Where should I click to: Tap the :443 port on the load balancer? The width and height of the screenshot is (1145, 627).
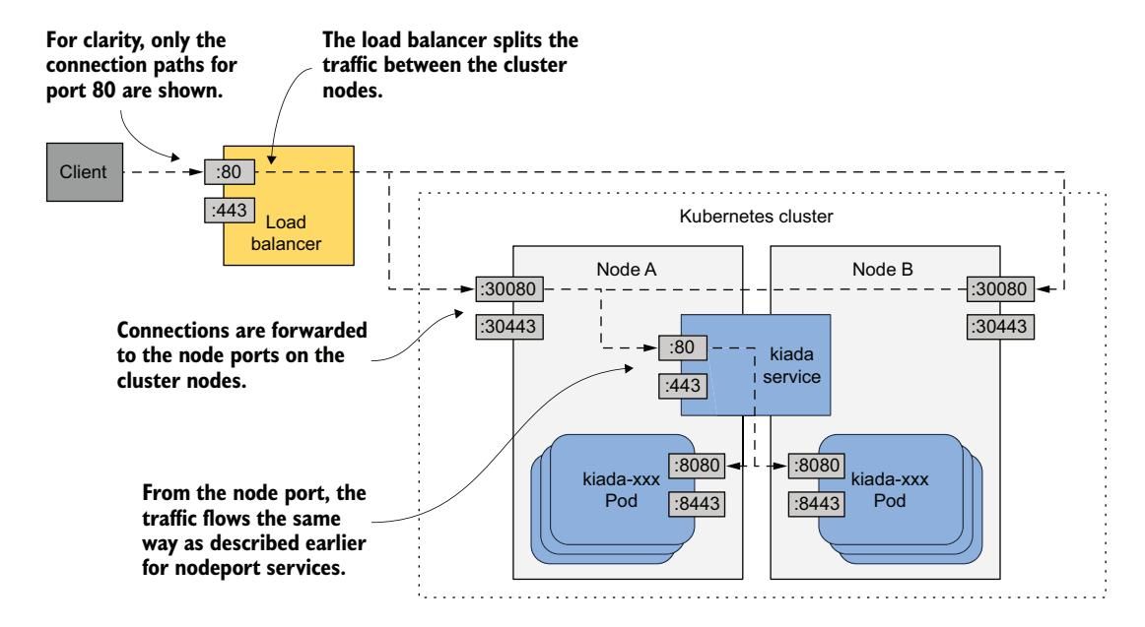coord(230,210)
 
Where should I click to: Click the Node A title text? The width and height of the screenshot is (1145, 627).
coord(627,269)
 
